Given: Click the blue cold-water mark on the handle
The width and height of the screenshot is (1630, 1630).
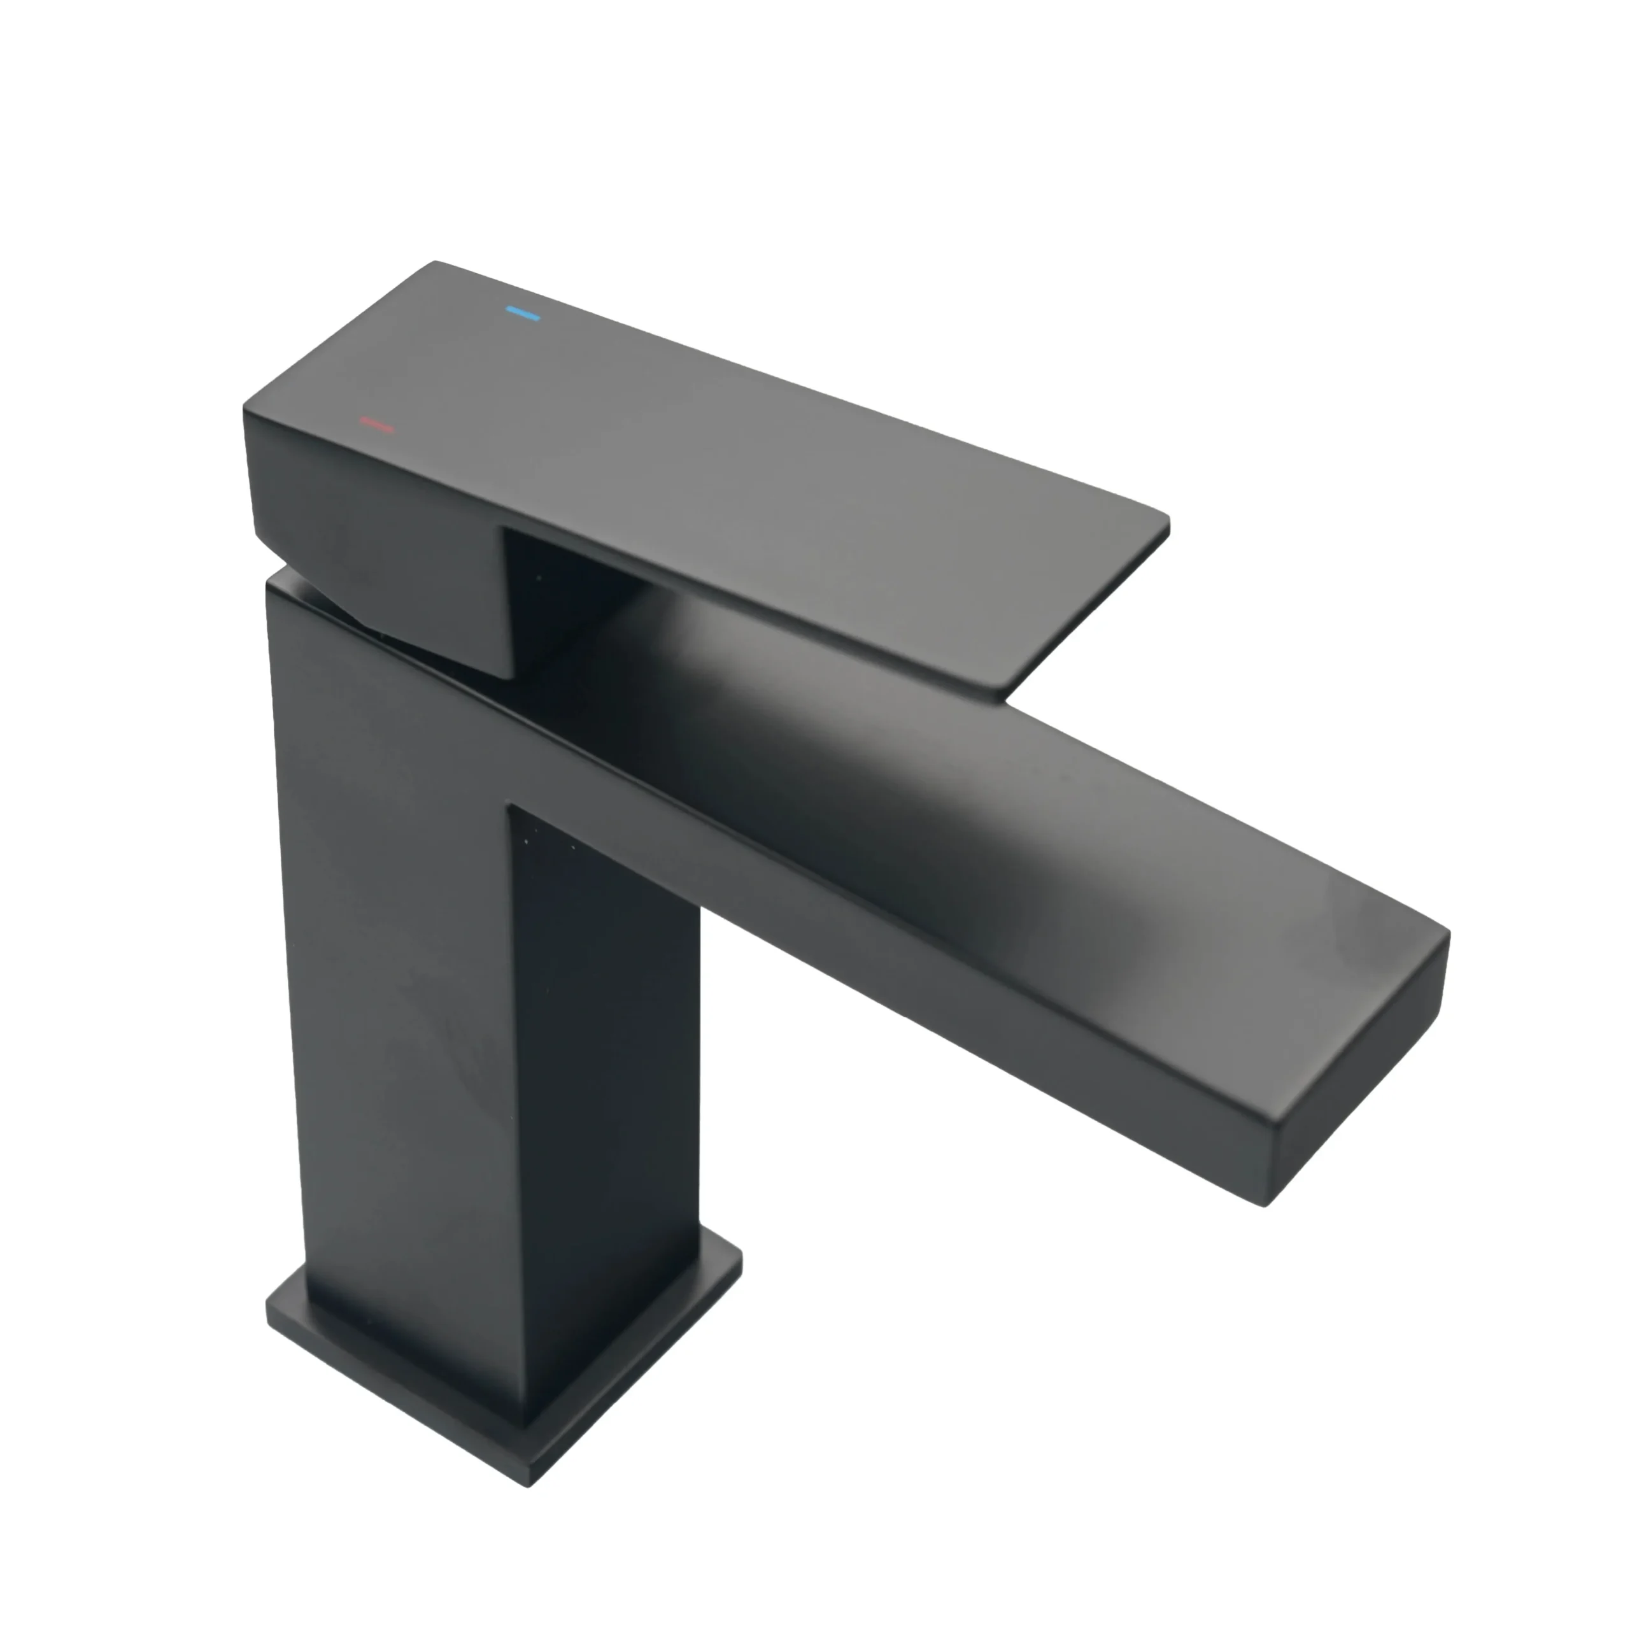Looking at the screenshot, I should (x=522, y=315).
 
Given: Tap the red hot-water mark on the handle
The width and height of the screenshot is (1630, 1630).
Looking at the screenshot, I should (x=377, y=425).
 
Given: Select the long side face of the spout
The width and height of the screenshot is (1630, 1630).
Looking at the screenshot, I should (x=928, y=953).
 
